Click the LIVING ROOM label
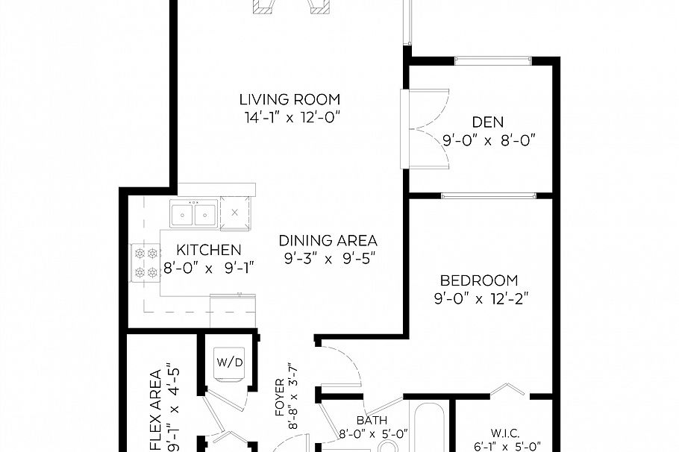click(x=290, y=99)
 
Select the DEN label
click(x=487, y=122)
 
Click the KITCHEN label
click(x=209, y=250)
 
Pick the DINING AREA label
click(x=328, y=241)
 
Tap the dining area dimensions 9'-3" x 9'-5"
click(x=328, y=259)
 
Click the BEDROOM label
click(x=478, y=281)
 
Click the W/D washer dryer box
click(x=229, y=363)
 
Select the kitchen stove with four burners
click(x=146, y=263)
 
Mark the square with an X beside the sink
click(x=235, y=212)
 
